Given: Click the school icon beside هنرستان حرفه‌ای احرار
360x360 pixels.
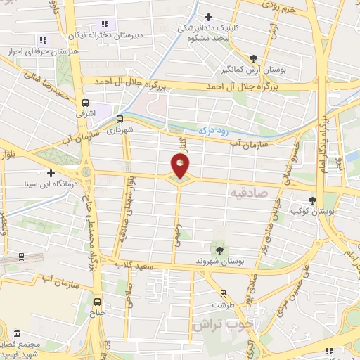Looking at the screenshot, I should click(42, 40).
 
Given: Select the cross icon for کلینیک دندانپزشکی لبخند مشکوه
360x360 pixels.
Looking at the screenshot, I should click(208, 17).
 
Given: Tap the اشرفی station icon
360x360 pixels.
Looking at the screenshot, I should click(86, 102).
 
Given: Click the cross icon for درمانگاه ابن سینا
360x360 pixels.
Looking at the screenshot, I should click(50, 173).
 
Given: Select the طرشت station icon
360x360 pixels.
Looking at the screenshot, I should click(224, 294).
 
